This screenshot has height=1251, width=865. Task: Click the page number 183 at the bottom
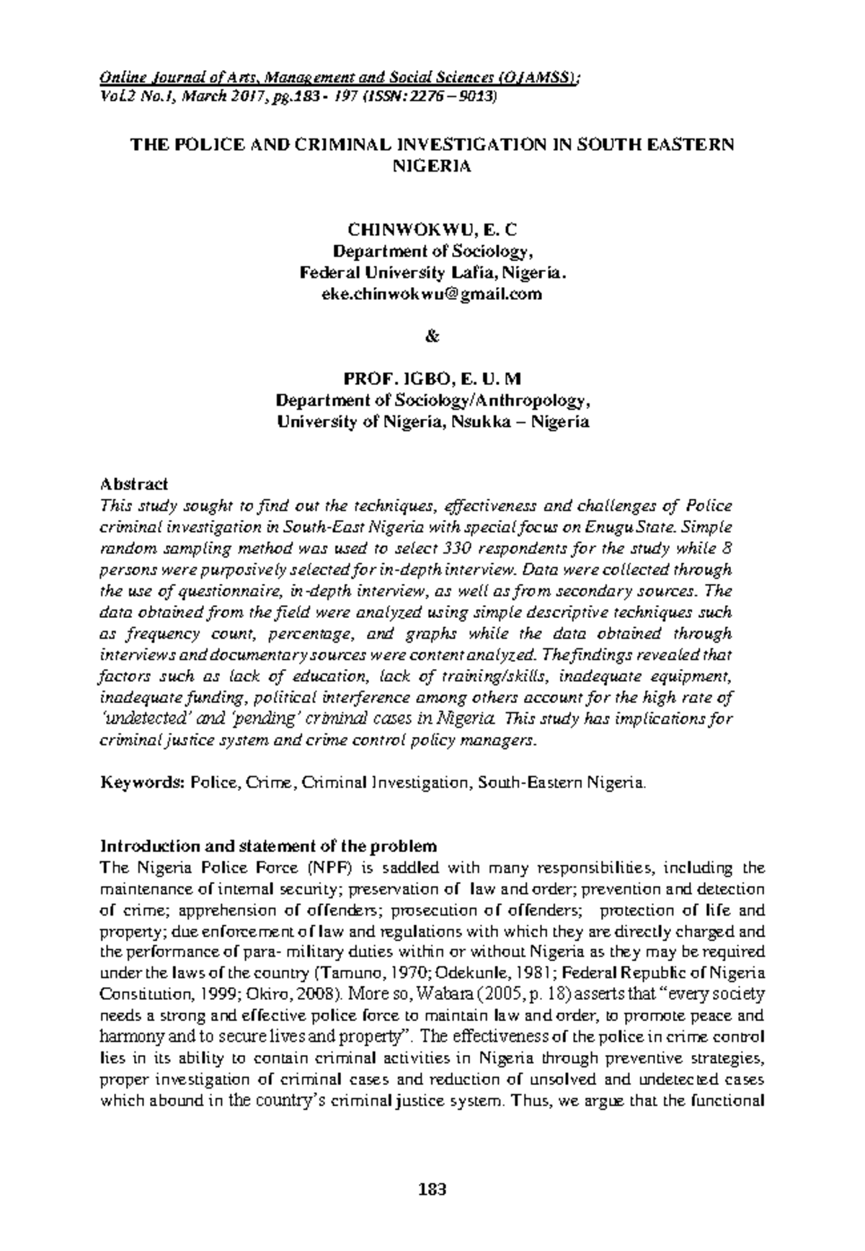pos(432,1189)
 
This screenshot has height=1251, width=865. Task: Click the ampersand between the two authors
pos(432,336)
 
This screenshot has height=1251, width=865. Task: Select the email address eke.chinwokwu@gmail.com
pos(432,294)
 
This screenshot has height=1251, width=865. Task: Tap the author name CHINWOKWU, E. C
pos(432,230)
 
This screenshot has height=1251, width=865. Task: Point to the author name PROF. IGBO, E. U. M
pos(433,379)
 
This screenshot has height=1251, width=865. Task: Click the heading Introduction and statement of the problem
pos(268,845)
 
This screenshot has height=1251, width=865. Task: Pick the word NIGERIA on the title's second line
pos(432,166)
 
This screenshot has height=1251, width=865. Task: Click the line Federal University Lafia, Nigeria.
pos(432,273)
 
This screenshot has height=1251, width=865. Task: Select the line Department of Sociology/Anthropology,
pos(432,400)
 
